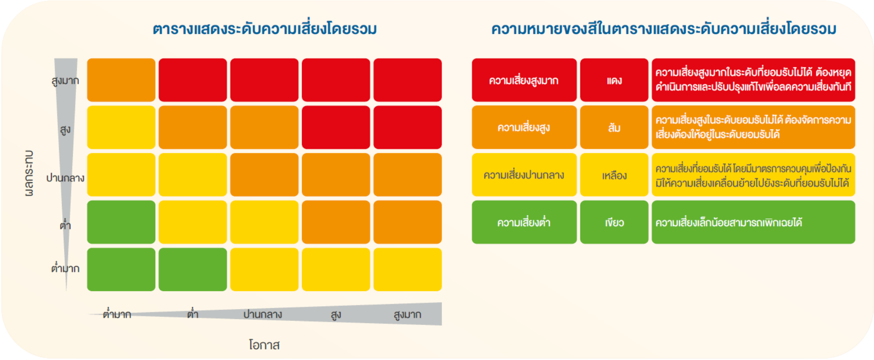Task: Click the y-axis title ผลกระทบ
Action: coord(29,173)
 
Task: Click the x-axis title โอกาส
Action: coord(264,345)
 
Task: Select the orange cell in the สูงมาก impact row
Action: coord(121,80)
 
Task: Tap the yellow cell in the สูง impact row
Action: coord(121,127)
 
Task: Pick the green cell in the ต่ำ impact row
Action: coord(121,222)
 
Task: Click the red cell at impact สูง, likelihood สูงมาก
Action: coord(407,127)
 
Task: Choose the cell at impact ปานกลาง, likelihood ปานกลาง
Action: coord(264,175)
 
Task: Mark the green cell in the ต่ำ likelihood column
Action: coord(193,269)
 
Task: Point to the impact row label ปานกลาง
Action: coord(65,178)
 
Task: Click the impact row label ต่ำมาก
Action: coord(65,268)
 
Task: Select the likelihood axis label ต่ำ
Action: coord(193,314)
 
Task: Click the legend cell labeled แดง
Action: coord(614,80)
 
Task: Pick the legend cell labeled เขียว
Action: coord(614,222)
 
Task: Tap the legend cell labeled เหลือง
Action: coord(614,175)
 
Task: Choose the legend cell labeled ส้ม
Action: coord(614,127)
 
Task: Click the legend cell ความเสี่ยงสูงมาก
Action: coord(524,80)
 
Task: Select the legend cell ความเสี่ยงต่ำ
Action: coord(524,222)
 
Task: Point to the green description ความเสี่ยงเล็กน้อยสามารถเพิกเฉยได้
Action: coord(728,223)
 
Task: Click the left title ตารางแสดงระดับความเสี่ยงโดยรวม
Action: coord(265,29)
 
